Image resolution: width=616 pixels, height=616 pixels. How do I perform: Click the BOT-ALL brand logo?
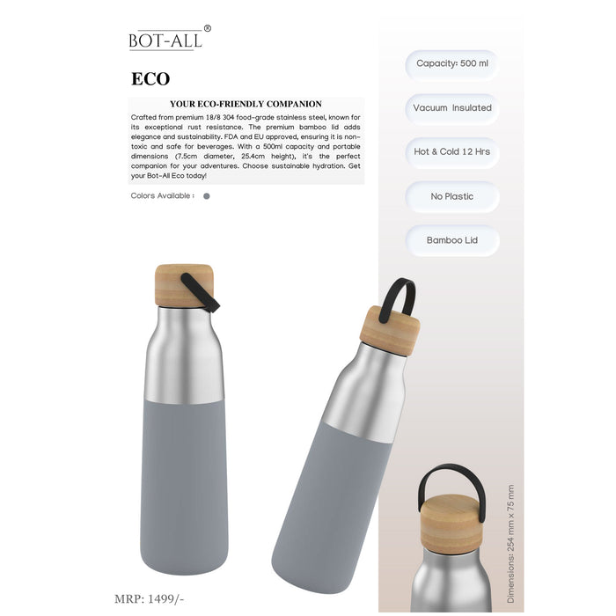165,40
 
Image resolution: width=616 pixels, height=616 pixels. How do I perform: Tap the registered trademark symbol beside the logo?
208,28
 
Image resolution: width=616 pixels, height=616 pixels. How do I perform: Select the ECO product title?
150,79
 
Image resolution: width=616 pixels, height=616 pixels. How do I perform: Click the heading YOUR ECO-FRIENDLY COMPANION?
246,104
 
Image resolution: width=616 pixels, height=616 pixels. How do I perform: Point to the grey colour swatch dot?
207,196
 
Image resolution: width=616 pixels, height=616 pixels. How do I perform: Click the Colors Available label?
162,195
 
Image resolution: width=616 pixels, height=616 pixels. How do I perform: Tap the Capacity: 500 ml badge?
452,63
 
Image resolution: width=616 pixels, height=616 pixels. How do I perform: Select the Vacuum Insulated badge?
452,108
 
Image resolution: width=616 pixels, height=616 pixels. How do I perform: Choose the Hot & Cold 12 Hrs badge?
452,151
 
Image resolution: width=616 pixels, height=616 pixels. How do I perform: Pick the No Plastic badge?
452,196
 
